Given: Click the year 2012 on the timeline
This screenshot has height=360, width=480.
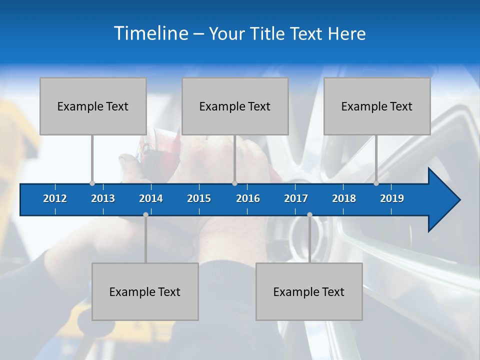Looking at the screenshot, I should tap(55, 198).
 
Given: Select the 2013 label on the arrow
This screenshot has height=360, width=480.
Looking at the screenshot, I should tap(103, 198).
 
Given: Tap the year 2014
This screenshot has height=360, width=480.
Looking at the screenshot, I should tap(151, 198).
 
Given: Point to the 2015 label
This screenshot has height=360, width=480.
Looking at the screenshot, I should tap(199, 198).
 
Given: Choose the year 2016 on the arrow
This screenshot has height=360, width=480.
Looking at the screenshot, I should tap(248, 198).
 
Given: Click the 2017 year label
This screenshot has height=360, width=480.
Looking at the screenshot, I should tap(296, 198).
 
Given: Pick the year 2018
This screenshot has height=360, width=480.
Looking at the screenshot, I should tap(344, 198).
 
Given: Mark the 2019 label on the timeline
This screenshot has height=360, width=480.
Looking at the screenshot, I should tap(392, 198).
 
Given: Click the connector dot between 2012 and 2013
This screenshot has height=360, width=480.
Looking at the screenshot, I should tap(92, 183).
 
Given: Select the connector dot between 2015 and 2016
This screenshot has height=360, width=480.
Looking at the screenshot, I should tap(234, 183).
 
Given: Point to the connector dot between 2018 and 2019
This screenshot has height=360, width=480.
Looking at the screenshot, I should tap(376, 183).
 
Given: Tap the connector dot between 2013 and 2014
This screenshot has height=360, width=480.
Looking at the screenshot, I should tap(145, 214).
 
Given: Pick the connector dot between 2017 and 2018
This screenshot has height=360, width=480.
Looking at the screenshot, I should tap(309, 214).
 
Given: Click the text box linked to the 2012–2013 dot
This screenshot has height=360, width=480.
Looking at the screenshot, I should tap(93, 106).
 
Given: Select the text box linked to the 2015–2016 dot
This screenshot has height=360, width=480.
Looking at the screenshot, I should tap(235, 106).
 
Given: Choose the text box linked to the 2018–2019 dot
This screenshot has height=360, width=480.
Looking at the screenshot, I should tap(377, 106).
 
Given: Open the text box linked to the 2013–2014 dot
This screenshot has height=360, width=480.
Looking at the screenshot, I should tap(145, 291).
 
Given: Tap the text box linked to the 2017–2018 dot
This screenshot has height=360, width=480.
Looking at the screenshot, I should tap(309, 291).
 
